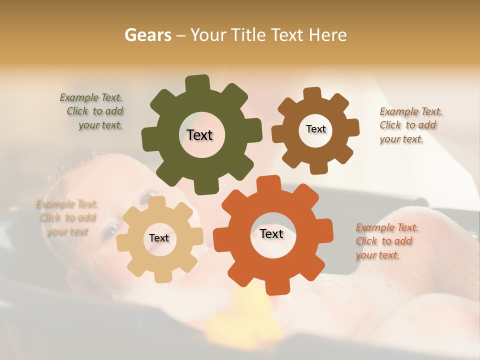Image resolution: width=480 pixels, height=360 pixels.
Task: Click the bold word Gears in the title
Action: (147, 35)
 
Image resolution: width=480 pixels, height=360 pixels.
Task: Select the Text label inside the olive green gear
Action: (199, 135)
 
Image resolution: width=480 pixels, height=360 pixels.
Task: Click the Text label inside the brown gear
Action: (315, 129)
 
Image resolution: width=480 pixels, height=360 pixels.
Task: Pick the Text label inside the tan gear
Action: (159, 238)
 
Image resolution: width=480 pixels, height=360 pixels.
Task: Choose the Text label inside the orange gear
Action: (271, 233)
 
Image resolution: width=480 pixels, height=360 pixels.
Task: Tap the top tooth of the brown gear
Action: (312, 93)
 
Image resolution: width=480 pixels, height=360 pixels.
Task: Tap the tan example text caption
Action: (67, 218)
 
